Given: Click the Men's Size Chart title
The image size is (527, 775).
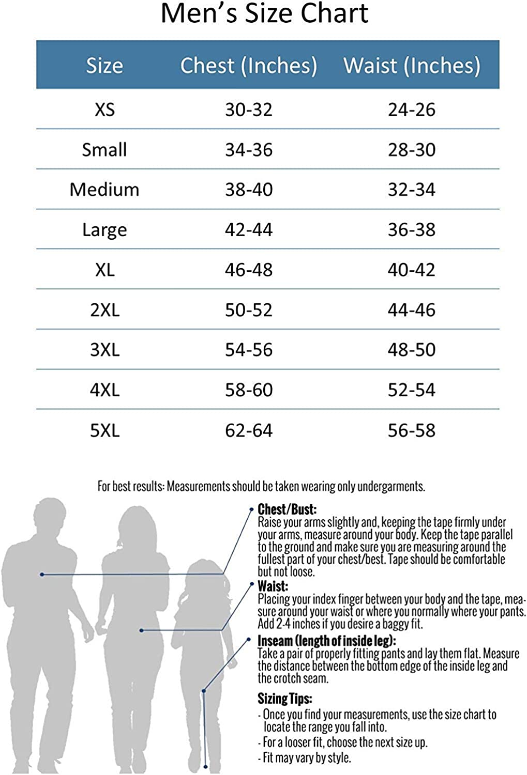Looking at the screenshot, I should click(x=264, y=14).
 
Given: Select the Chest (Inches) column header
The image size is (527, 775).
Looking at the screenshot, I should click(x=249, y=66).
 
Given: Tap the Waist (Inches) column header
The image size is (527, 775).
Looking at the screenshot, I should click(x=412, y=66).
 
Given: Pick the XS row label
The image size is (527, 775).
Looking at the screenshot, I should click(x=104, y=110).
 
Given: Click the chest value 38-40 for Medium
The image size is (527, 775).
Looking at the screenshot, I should click(x=249, y=190).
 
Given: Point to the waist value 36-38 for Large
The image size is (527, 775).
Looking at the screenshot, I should click(x=412, y=229).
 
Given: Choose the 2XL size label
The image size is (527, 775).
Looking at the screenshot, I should click(x=104, y=310).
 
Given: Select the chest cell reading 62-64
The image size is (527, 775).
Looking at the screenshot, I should click(x=249, y=430).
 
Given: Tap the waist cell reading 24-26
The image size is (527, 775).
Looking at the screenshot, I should click(x=412, y=110).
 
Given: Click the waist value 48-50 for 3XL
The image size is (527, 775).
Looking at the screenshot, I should click(x=412, y=350).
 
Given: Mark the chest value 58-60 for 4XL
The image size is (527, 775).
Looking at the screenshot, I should click(x=249, y=390).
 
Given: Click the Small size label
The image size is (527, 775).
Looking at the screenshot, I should click(x=104, y=150).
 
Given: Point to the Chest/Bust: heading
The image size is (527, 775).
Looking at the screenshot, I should click(x=287, y=509).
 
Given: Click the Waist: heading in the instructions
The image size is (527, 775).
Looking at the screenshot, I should click(x=273, y=586).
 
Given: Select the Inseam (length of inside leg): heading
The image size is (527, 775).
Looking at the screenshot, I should click(x=327, y=641).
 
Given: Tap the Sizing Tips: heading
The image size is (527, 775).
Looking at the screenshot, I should click(x=285, y=699).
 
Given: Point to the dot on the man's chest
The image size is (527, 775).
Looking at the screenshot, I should click(x=42, y=575).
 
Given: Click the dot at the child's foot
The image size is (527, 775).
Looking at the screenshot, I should click(x=206, y=767).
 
